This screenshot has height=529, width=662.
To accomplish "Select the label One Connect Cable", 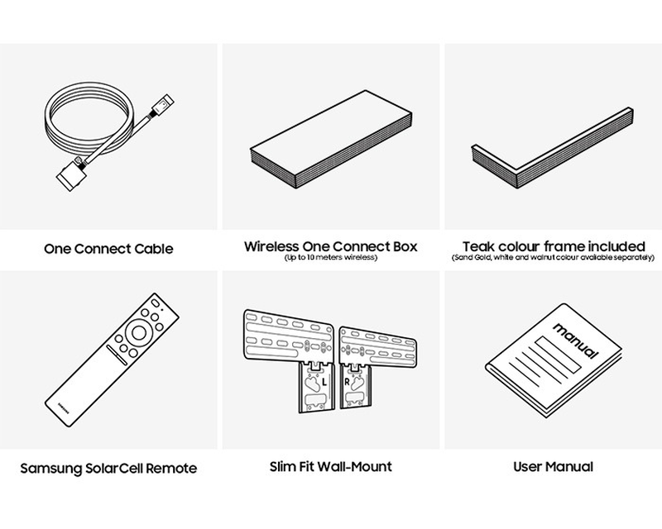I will click(108, 247).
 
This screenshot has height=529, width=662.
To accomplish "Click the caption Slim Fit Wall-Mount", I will click(331, 467).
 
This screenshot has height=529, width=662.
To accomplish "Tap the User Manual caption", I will click(554, 467).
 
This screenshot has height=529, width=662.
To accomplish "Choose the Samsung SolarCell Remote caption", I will click(108, 469).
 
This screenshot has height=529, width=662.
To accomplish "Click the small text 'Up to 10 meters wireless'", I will click(331, 259).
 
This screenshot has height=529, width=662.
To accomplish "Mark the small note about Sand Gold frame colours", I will click(554, 258).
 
